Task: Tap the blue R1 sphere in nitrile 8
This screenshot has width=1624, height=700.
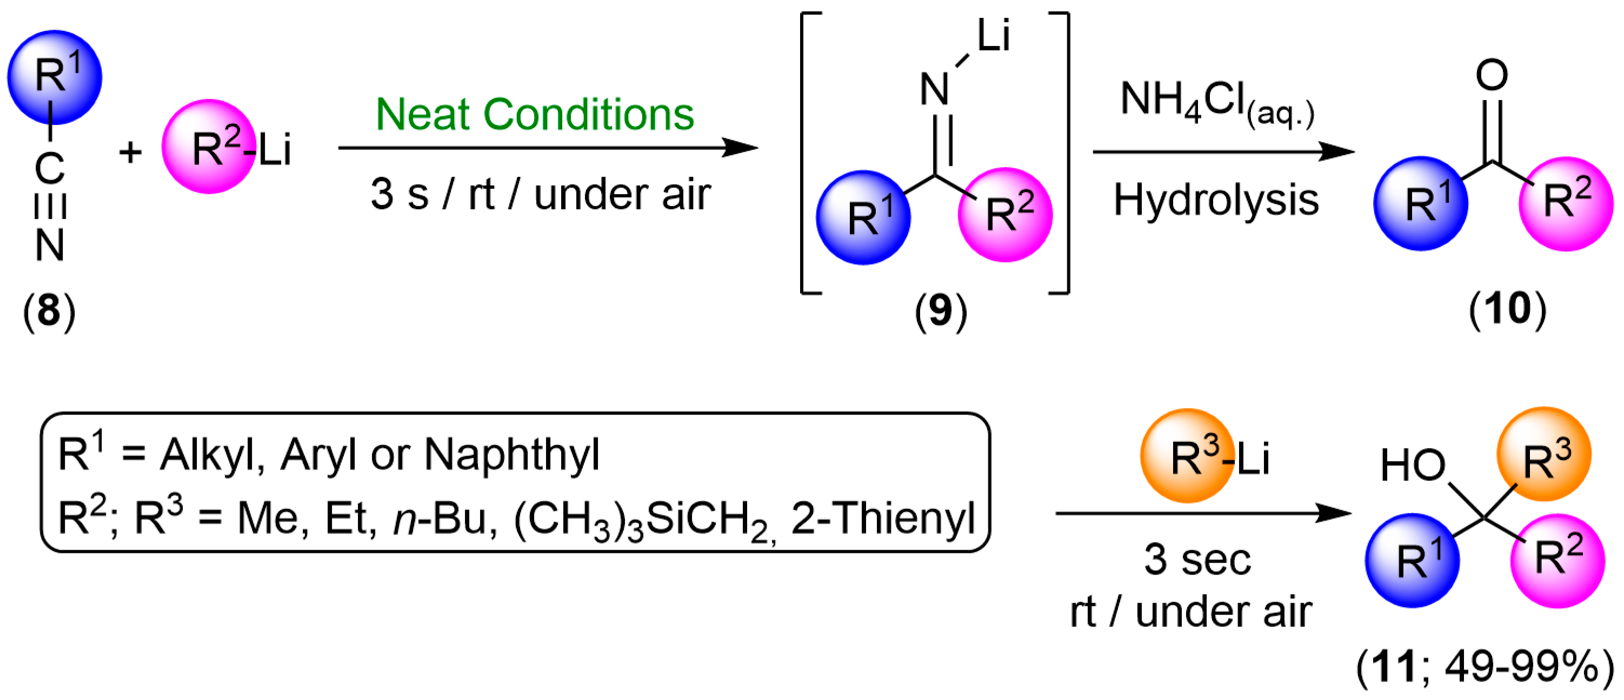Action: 55,77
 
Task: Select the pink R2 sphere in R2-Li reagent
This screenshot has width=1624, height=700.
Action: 209,146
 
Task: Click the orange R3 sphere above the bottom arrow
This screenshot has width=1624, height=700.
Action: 1187,455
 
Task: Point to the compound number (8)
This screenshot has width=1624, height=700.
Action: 49,310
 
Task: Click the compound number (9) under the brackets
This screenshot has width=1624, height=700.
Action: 941,310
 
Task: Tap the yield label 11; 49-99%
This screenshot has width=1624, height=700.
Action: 1485,666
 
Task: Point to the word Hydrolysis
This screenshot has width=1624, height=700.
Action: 1215,201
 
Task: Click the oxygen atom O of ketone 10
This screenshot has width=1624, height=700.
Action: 1492,76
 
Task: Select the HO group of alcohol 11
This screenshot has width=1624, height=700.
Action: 1412,465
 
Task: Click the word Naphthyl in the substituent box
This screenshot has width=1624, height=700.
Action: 512,454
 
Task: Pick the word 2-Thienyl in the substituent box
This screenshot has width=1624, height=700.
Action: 883,518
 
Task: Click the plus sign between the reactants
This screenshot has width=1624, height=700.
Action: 130,152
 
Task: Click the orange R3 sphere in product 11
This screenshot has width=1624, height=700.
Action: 1544,454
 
